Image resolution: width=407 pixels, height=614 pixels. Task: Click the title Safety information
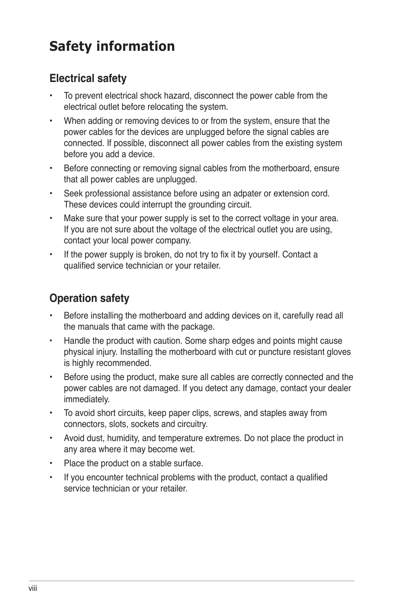pyautogui.click(x=112, y=46)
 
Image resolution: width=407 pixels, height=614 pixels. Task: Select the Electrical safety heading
pyautogui.click(x=88, y=79)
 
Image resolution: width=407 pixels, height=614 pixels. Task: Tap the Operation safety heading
pyautogui.click(x=89, y=298)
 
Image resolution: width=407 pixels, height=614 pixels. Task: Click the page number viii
pyautogui.click(x=33, y=588)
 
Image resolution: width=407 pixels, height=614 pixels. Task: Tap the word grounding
pyautogui.click(x=198, y=205)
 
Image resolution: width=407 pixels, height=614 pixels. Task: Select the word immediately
pyautogui.click(x=87, y=399)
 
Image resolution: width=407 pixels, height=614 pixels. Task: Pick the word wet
pyautogui.click(x=188, y=449)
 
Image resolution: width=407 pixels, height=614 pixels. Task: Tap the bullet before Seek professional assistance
pyautogui.click(x=51, y=194)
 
